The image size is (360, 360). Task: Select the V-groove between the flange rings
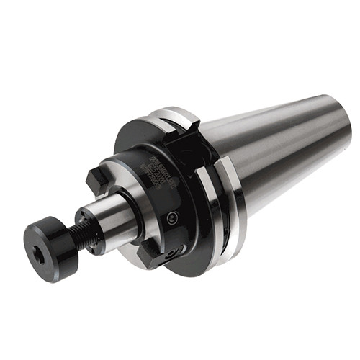pos(220,209)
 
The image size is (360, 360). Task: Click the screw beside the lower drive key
pos(170,254)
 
